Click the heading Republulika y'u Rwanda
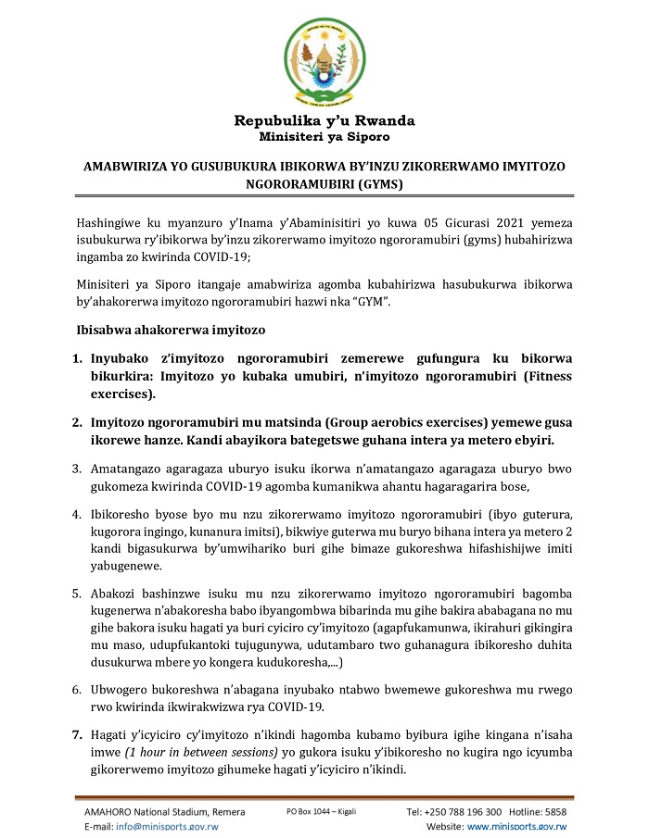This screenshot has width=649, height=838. pyautogui.click(x=324, y=121)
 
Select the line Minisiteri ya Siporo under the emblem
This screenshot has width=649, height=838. pyautogui.click(x=324, y=137)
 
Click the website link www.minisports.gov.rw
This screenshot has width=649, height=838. pyautogui.click(x=516, y=827)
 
